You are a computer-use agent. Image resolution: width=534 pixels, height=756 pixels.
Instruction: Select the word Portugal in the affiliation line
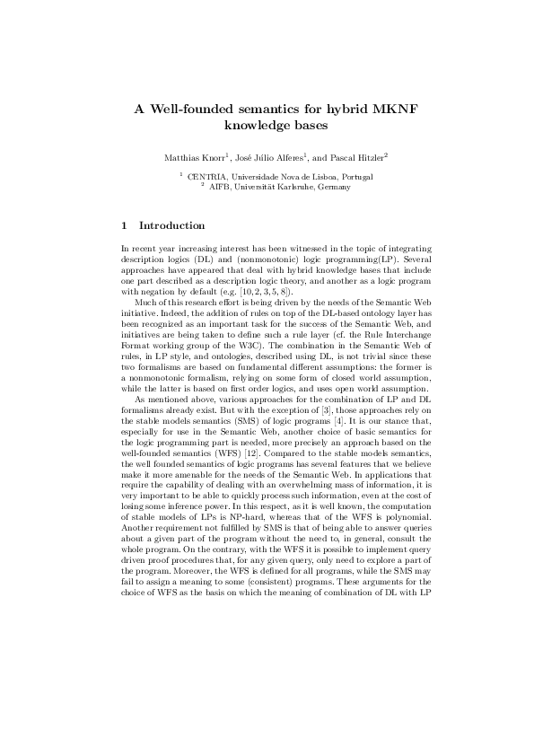point(354,177)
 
